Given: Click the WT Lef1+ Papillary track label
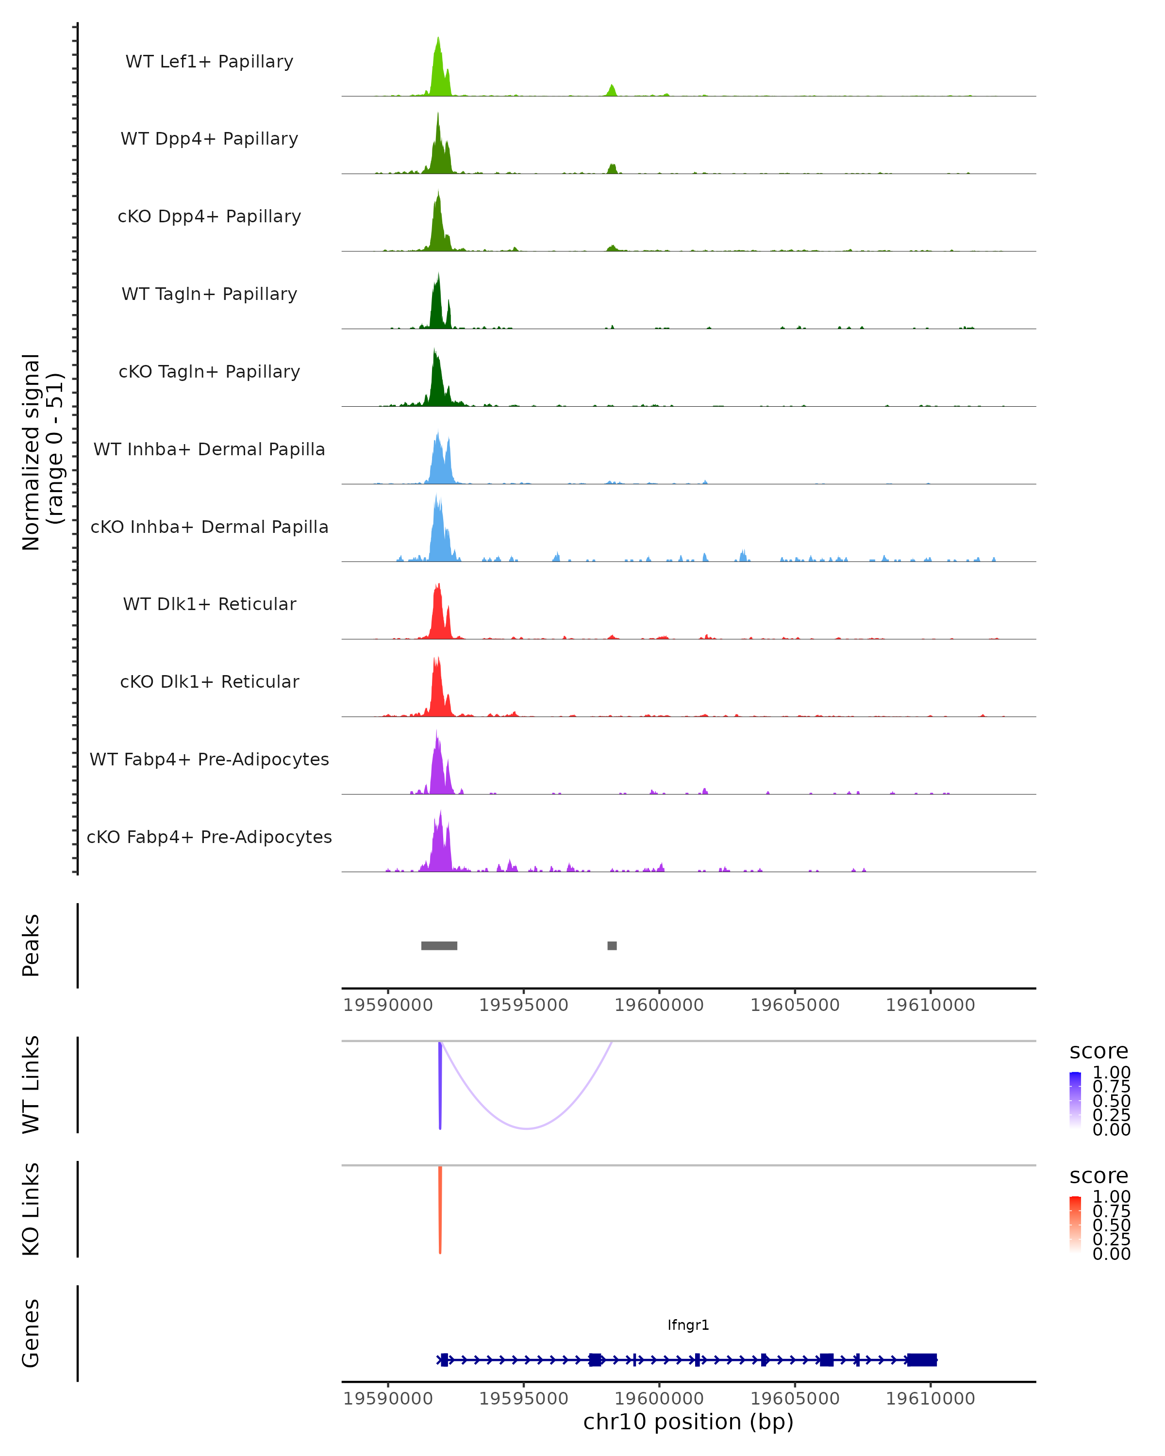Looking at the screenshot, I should (209, 62).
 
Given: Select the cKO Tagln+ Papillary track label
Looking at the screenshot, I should (209, 371).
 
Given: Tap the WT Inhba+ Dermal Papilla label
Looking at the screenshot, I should (209, 449).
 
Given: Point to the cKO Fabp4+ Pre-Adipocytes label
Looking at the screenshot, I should (209, 837).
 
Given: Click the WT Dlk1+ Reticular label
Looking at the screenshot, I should (209, 604).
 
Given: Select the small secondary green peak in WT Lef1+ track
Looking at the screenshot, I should (612, 90).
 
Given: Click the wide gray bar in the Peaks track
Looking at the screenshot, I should (439, 945).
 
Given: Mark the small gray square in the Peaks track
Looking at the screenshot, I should (612, 945).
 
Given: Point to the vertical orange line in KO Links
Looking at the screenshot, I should (440, 1209).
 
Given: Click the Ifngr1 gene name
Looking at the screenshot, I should (688, 1325).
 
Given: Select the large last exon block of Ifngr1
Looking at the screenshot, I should (921, 1360).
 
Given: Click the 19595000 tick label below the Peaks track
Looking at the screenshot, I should (523, 1005).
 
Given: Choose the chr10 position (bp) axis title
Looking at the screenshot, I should (688, 1422).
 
